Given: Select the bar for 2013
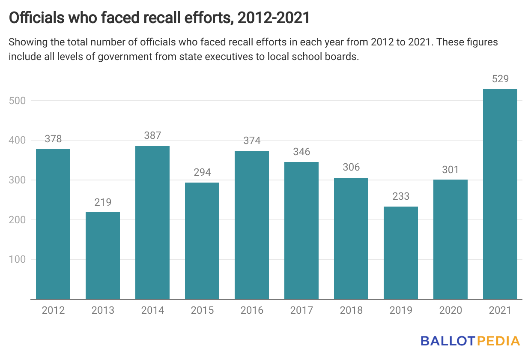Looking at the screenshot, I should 103,255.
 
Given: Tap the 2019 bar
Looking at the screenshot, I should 401,252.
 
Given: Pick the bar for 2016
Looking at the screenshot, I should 252,225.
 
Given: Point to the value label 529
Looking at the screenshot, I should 500,79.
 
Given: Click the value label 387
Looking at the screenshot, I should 152,136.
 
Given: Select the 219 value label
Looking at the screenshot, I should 103,202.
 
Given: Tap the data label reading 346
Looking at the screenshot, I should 301,152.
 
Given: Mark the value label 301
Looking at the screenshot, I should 450,170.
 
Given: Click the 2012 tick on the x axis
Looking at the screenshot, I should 53,310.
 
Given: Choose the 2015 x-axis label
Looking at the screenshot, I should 202,310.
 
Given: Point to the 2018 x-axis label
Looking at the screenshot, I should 351,310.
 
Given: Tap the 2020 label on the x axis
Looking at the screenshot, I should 450,310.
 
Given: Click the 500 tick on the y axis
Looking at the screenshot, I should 17,101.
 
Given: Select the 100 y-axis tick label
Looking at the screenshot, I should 17,259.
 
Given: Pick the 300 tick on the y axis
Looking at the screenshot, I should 17,180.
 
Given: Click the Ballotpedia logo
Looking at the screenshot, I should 470,341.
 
